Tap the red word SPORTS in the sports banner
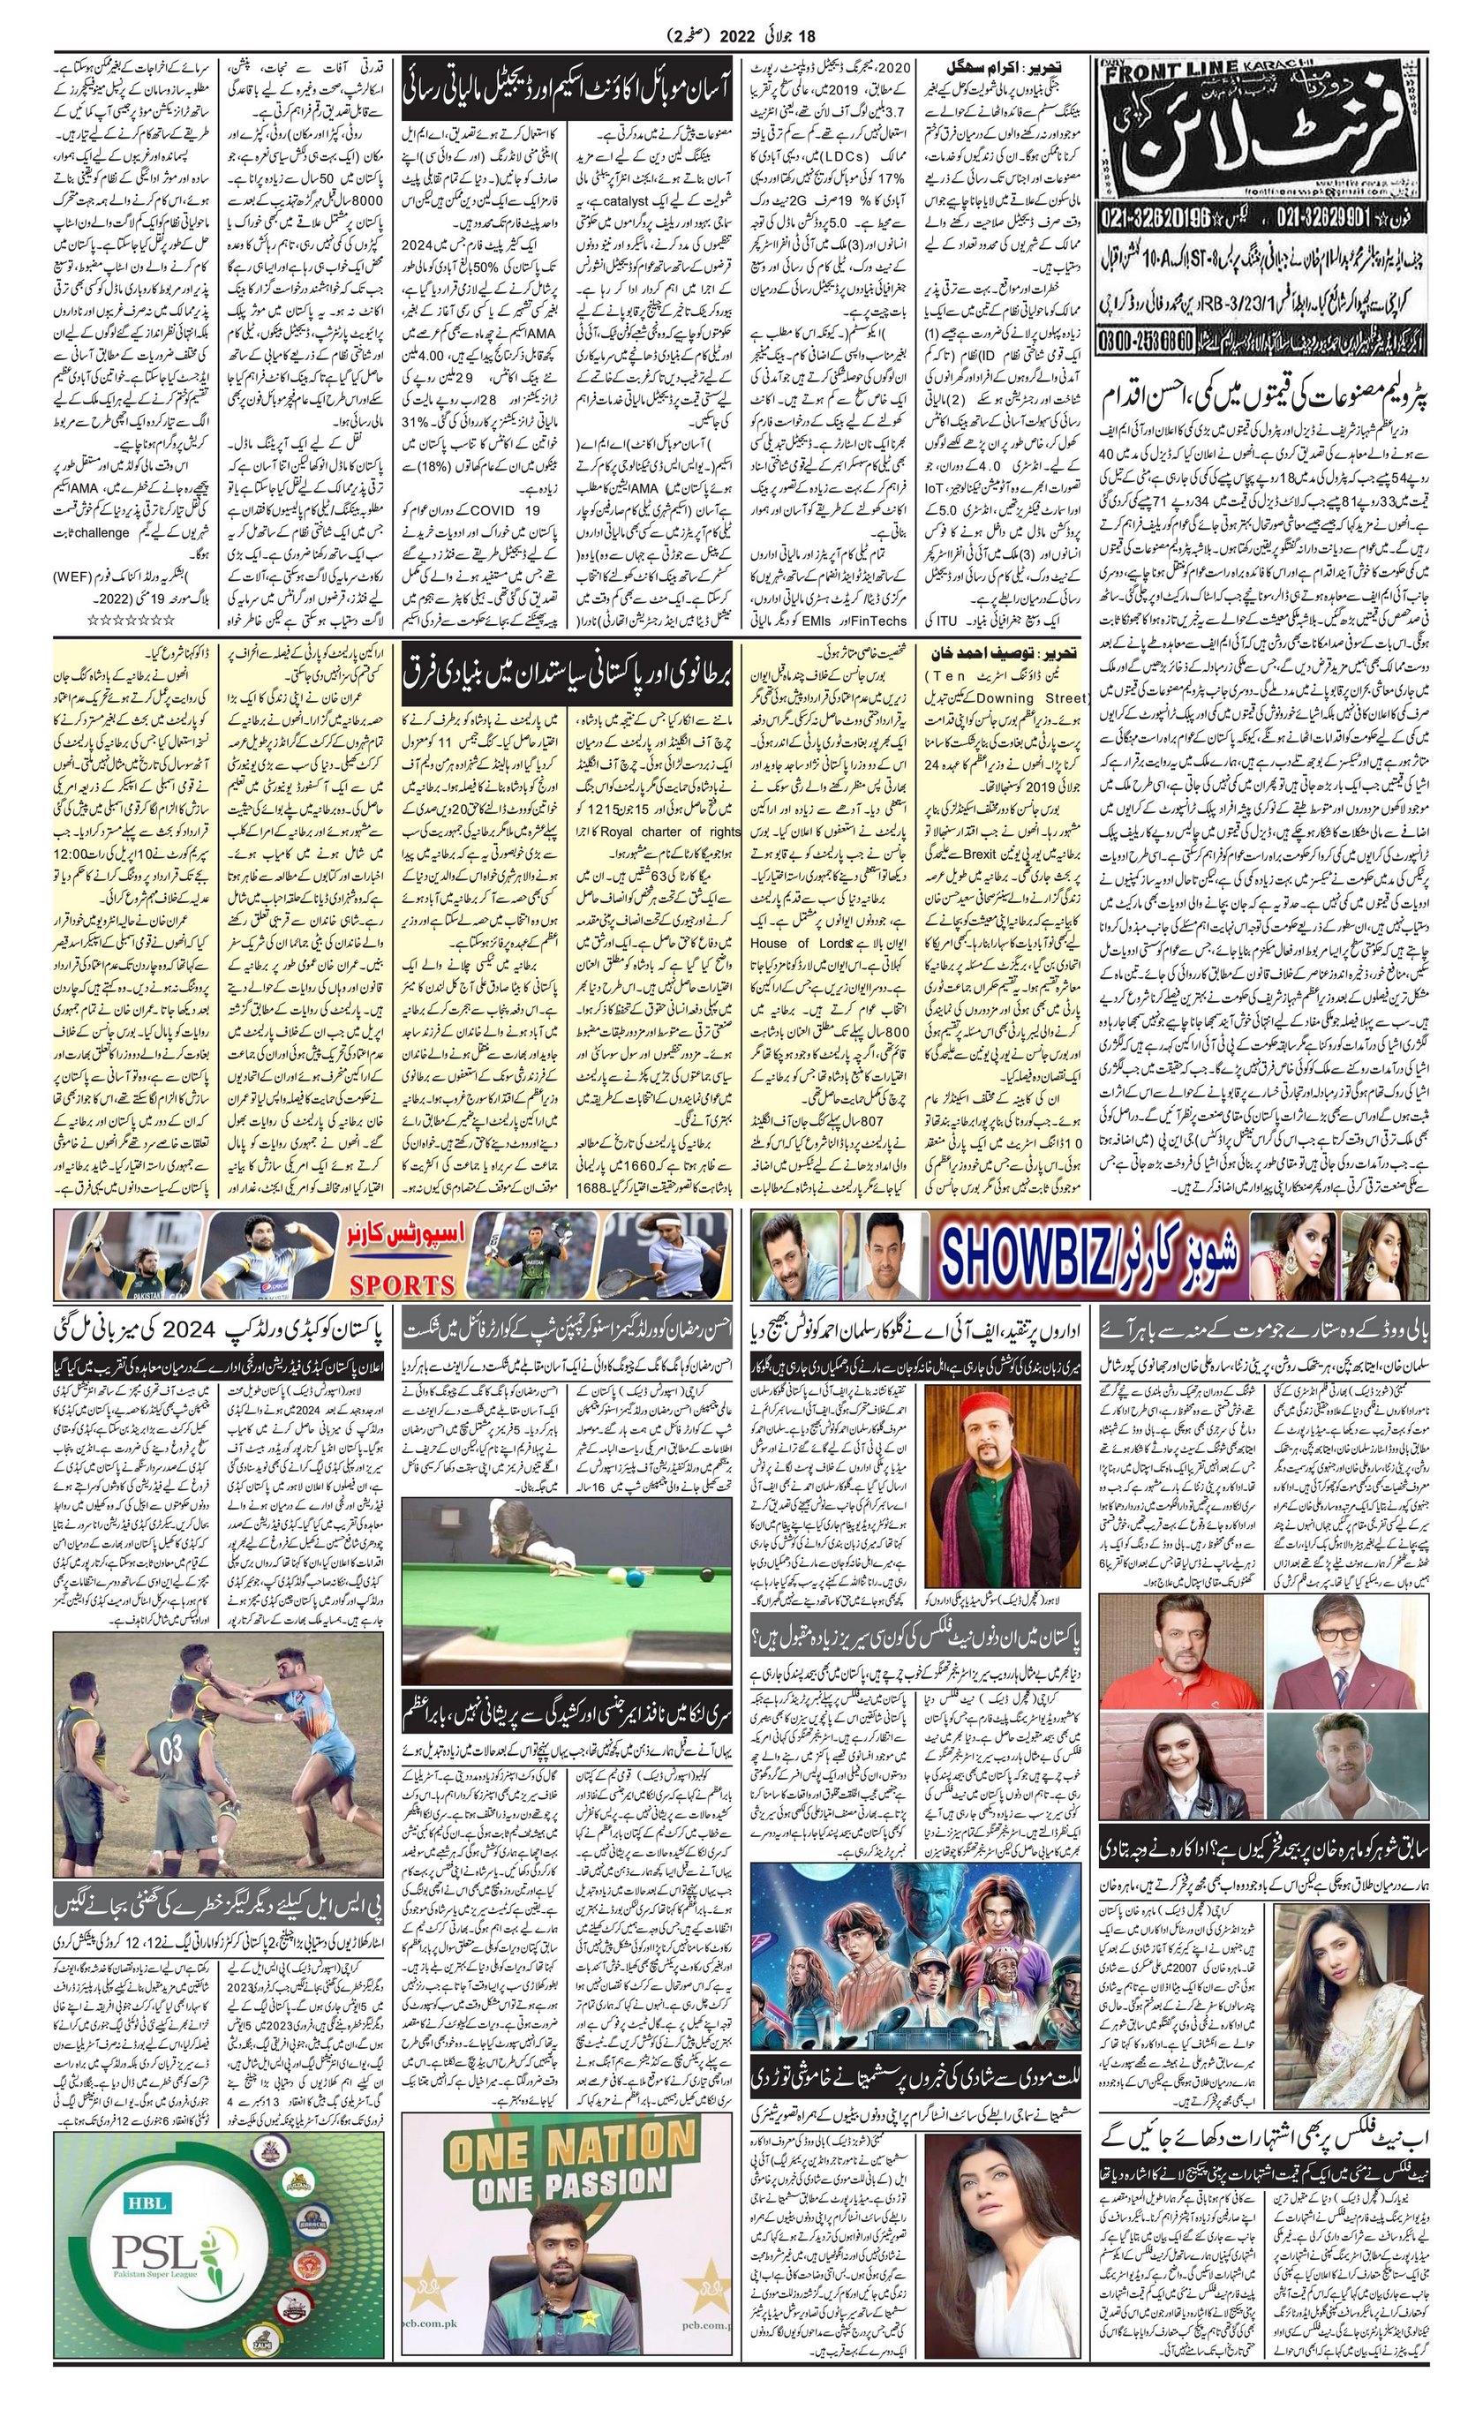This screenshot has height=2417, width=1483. click(403, 1284)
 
